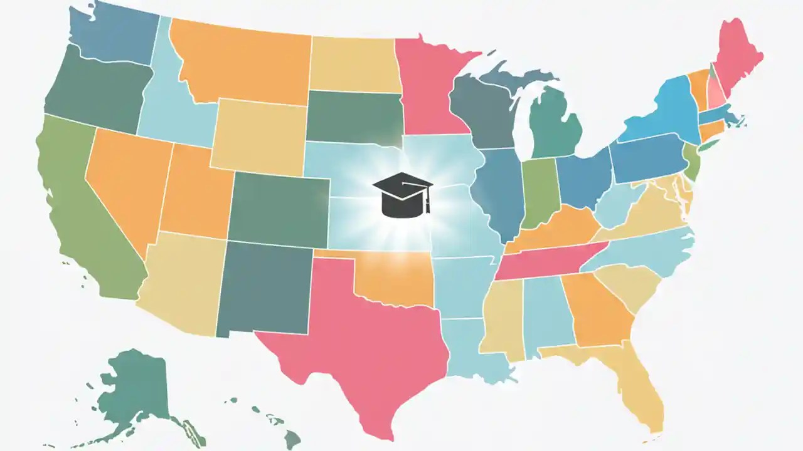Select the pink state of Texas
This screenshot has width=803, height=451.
click(351, 338)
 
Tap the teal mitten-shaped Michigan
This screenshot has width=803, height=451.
click(555, 125)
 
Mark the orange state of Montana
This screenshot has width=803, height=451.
click(245, 63)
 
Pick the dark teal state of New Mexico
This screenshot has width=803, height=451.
click(263, 288)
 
